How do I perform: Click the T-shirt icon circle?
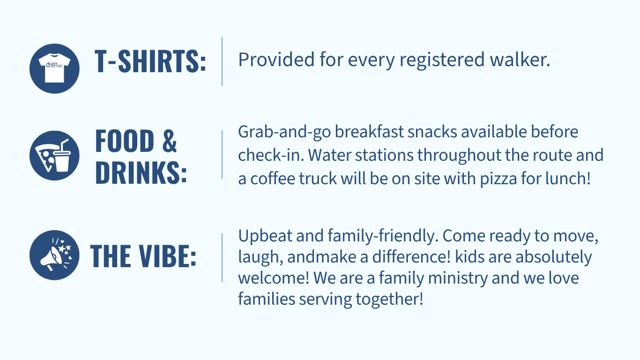(54, 68)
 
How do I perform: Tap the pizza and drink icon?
(54, 156)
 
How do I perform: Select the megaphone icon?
(54, 255)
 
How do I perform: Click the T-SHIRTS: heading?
(150, 61)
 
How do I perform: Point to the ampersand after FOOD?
(170, 141)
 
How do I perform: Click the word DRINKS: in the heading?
(141, 172)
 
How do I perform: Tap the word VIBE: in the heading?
(168, 256)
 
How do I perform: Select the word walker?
(520, 59)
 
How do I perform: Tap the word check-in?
(271, 155)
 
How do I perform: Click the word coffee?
(273, 179)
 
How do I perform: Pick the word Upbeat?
(265, 237)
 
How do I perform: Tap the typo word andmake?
(321, 256)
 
